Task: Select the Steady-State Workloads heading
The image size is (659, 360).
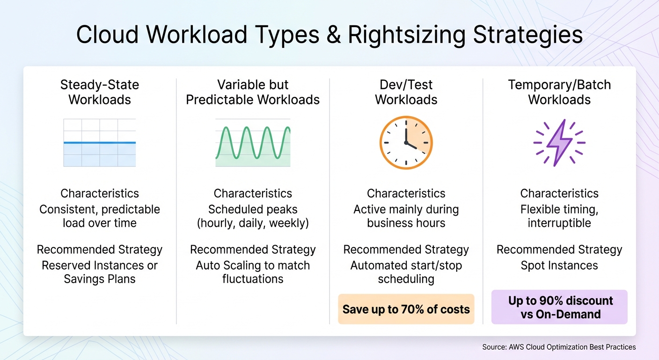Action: pyautogui.click(x=100, y=92)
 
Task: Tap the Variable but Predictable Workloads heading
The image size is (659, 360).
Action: pyautogui.click(x=253, y=92)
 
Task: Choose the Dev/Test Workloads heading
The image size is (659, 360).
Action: pyautogui.click(x=406, y=92)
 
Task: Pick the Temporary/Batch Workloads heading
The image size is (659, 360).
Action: pyautogui.click(x=559, y=92)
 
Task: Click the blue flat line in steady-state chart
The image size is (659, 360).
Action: pyautogui.click(x=100, y=142)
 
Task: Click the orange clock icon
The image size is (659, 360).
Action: pyautogui.click(x=406, y=142)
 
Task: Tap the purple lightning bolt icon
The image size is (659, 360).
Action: pyautogui.click(x=559, y=142)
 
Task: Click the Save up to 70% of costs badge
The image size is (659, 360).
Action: pyautogui.click(x=406, y=309)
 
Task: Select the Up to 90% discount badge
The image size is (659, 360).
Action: pyautogui.click(x=559, y=307)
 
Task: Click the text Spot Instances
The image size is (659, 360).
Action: pyautogui.click(x=559, y=266)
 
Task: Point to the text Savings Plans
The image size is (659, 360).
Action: pyautogui.click(x=100, y=279)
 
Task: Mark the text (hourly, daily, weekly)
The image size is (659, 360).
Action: pyautogui.click(x=253, y=223)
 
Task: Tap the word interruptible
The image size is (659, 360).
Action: pyautogui.click(x=559, y=223)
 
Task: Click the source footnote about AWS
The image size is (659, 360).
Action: pyautogui.click(x=559, y=347)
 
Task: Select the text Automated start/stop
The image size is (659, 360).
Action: pyautogui.click(x=406, y=266)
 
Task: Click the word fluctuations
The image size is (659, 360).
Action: pyautogui.click(x=253, y=279)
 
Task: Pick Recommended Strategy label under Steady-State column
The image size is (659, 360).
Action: pyautogui.click(x=100, y=250)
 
